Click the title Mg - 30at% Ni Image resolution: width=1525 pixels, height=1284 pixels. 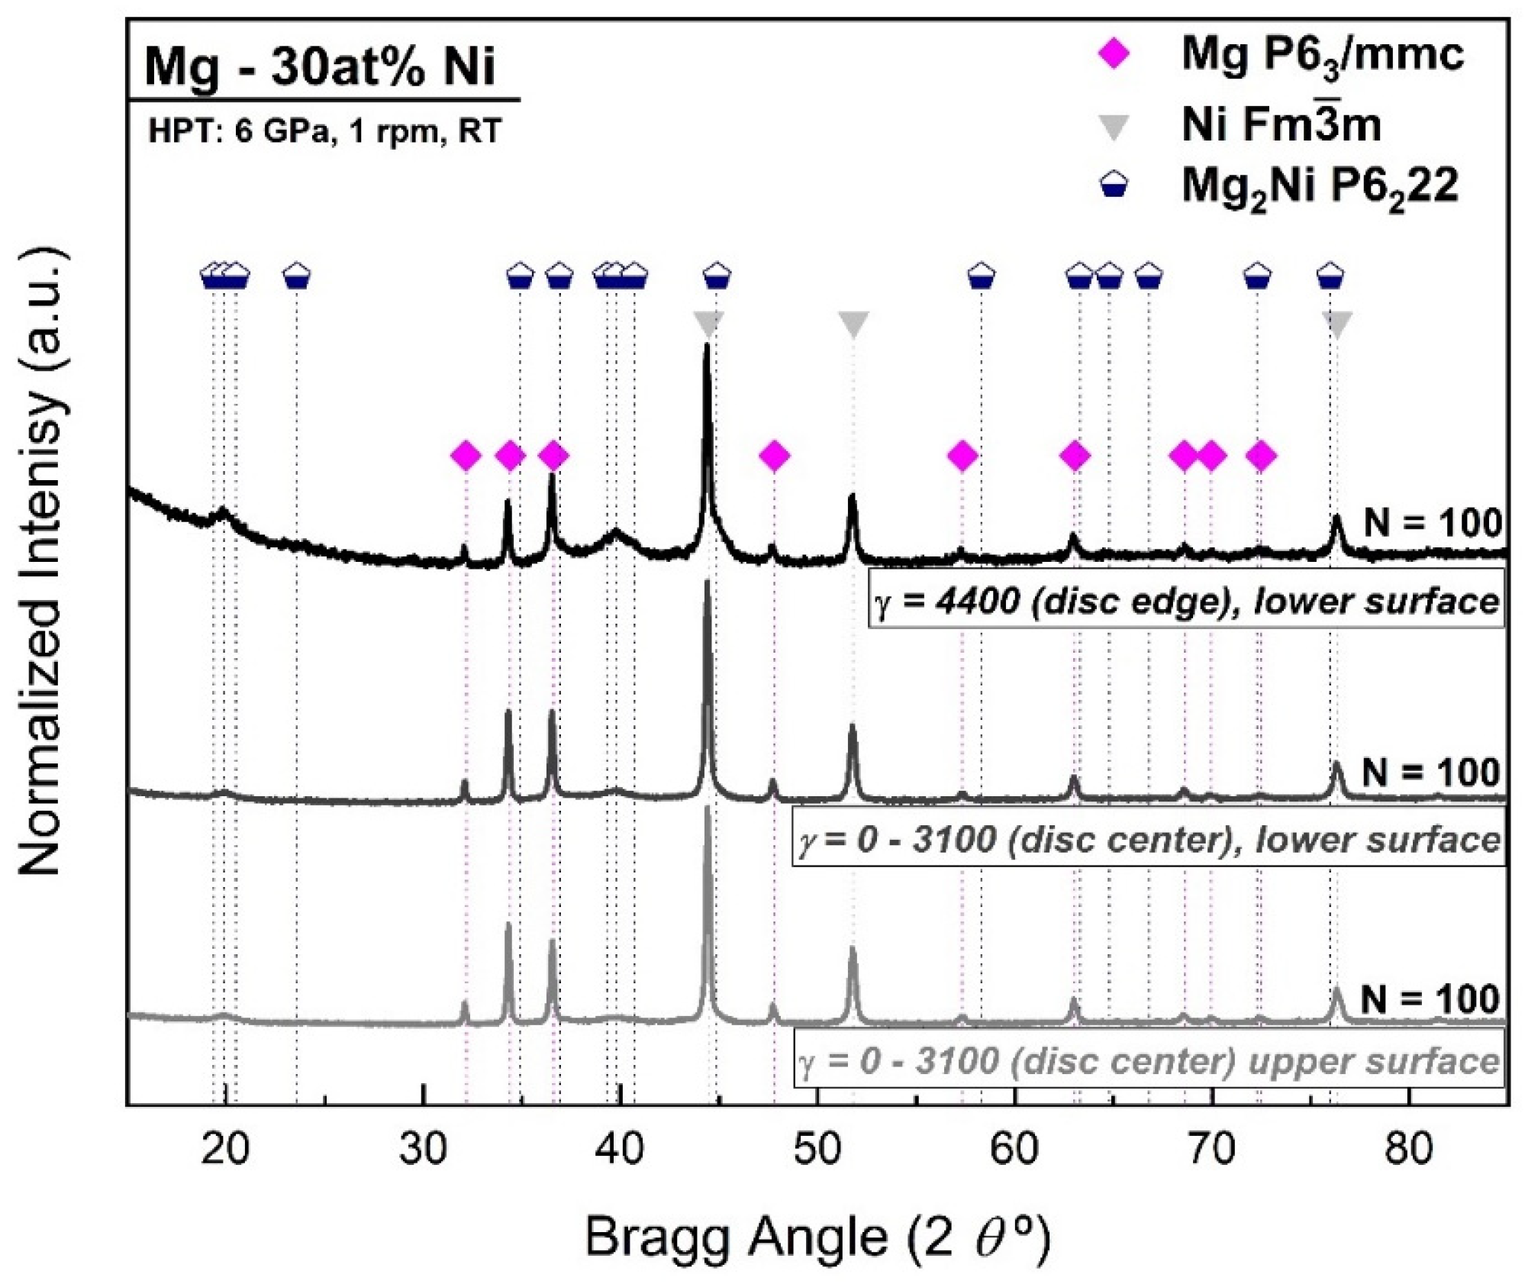(321, 66)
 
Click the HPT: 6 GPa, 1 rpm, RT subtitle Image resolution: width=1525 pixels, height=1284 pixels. (324, 131)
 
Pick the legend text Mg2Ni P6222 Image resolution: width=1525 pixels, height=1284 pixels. (1320, 187)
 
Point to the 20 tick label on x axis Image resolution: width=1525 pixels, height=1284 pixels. (225, 1150)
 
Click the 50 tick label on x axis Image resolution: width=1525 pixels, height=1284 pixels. (817, 1150)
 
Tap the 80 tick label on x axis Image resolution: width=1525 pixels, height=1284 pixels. (1409, 1150)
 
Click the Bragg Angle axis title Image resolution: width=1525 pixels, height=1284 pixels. (817, 1237)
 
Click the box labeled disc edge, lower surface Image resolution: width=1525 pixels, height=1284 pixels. (1186, 602)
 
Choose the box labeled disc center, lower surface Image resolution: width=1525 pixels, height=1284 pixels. (1149, 840)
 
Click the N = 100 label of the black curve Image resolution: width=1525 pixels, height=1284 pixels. (1432, 524)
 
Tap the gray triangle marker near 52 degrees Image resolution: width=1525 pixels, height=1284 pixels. (853, 324)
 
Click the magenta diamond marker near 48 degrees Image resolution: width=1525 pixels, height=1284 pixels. (775, 456)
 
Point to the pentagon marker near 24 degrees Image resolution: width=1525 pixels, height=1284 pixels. (297, 276)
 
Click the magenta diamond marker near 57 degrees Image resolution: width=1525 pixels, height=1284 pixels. (962, 456)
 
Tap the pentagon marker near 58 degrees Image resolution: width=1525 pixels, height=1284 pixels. (982, 276)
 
